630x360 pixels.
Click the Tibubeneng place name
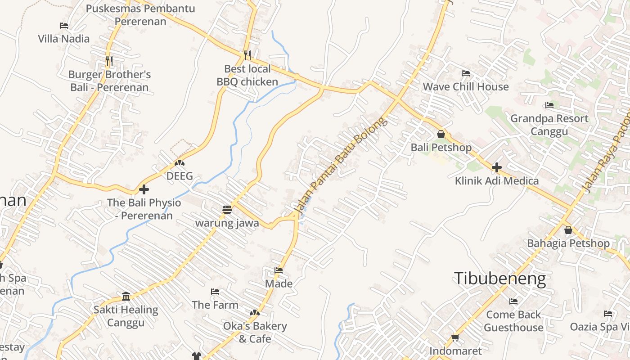point(499,279)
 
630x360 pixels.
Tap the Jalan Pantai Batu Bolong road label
point(340,165)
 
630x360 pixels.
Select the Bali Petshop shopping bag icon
point(441,134)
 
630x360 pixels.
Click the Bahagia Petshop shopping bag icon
point(568,230)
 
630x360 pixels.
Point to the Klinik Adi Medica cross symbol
point(497,167)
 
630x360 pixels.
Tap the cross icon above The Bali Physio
point(144,189)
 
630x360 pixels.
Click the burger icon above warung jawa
point(227,209)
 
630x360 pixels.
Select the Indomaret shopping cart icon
point(455,337)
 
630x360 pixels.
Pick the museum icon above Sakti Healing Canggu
point(126,296)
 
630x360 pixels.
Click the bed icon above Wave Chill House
point(466,73)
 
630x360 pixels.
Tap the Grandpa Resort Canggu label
point(549,125)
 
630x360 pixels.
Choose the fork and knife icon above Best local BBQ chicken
point(247,55)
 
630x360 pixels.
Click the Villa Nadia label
point(63,39)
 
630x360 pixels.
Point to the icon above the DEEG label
point(180,162)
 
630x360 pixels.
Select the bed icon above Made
point(279,270)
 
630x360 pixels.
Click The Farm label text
point(215,305)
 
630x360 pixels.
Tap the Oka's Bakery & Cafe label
point(255,332)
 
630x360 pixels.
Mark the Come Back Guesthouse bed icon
point(513,301)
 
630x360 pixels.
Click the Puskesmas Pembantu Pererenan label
point(140,15)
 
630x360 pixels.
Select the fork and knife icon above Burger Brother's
point(109,60)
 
